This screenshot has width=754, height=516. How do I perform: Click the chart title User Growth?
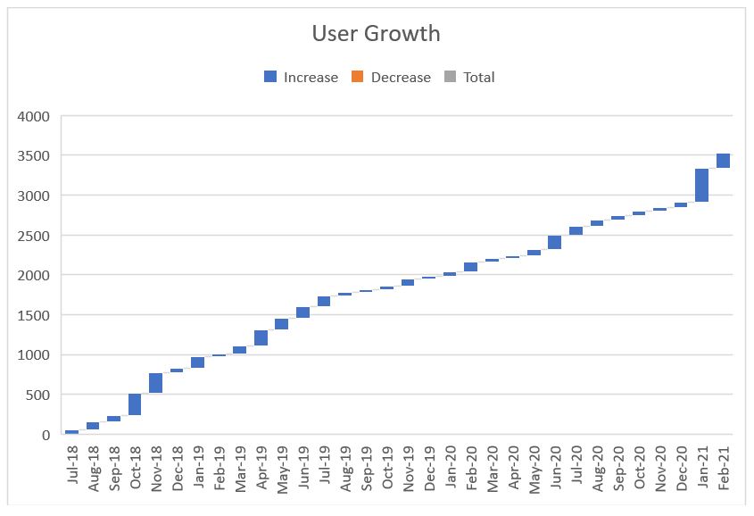pyautogui.click(x=376, y=34)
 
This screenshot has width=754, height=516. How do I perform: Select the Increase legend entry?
pyautogui.click(x=301, y=78)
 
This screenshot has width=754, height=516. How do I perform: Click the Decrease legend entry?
pyautogui.click(x=391, y=78)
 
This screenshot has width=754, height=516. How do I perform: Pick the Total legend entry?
pyautogui.click(x=469, y=78)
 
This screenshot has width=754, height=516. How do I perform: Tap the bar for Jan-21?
pyautogui.click(x=701, y=185)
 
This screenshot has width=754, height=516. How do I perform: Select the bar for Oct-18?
pyautogui.click(x=135, y=404)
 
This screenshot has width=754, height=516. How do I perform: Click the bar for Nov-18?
pyautogui.click(x=156, y=383)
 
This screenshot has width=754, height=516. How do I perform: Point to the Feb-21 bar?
pyautogui.click(x=723, y=161)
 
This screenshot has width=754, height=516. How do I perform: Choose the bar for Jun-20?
pyautogui.click(x=554, y=242)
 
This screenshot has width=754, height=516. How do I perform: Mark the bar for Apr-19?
pyautogui.click(x=261, y=337)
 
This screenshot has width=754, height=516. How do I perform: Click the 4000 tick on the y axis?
pyautogui.click(x=35, y=116)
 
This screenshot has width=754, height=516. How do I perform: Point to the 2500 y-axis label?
pyautogui.click(x=35, y=236)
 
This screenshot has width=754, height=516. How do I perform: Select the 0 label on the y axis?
pyautogui.click(x=46, y=435)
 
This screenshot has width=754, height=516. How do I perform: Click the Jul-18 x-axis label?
pyautogui.click(x=72, y=466)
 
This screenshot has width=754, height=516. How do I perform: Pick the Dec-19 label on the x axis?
pyautogui.click(x=428, y=466)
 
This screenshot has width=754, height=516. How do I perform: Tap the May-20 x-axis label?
pyautogui.click(x=534, y=466)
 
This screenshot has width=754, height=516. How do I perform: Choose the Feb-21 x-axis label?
pyautogui.click(x=724, y=466)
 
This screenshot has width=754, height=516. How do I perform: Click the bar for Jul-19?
pyautogui.click(x=324, y=302)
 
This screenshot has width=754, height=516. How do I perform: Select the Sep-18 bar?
pyautogui.click(x=114, y=418)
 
